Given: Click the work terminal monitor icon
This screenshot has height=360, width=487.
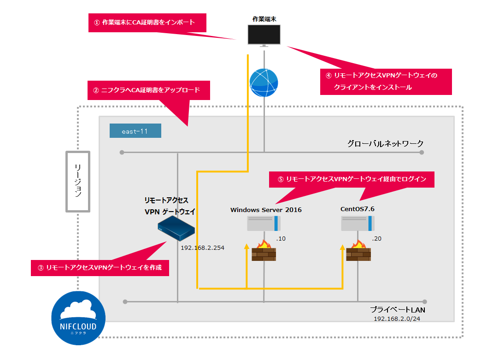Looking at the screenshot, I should tap(264, 35).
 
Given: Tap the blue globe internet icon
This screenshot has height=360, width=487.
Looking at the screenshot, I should tap(264, 83).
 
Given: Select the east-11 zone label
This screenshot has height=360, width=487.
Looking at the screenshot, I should tap(135, 131).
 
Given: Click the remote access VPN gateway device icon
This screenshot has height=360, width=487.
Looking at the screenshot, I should tap(176, 229).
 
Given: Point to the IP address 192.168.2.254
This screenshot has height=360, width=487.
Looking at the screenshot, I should tap(202, 248).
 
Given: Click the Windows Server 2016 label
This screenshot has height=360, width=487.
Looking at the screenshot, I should tap(266, 210).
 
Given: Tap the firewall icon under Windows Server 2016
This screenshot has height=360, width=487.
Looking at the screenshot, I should tap(264, 251).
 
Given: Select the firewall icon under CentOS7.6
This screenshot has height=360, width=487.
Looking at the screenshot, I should tap(358, 251).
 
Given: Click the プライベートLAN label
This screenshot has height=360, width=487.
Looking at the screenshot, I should tap(397, 310).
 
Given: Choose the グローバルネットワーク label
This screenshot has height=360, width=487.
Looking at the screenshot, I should tap(385, 143).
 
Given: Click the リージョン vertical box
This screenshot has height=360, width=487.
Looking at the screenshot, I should tap(77, 181).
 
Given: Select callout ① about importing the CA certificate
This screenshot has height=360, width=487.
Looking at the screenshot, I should tap(147, 23).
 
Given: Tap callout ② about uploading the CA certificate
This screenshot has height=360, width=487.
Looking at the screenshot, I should tap(148, 90).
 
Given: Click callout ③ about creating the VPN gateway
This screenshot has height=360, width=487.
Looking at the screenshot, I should tap(100, 267).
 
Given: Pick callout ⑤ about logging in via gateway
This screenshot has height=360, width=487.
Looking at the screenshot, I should tap(352, 179).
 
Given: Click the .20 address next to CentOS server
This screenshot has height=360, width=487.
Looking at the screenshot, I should tap(376, 239).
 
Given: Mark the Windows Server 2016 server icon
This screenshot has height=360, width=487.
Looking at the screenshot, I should tap(264, 224).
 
